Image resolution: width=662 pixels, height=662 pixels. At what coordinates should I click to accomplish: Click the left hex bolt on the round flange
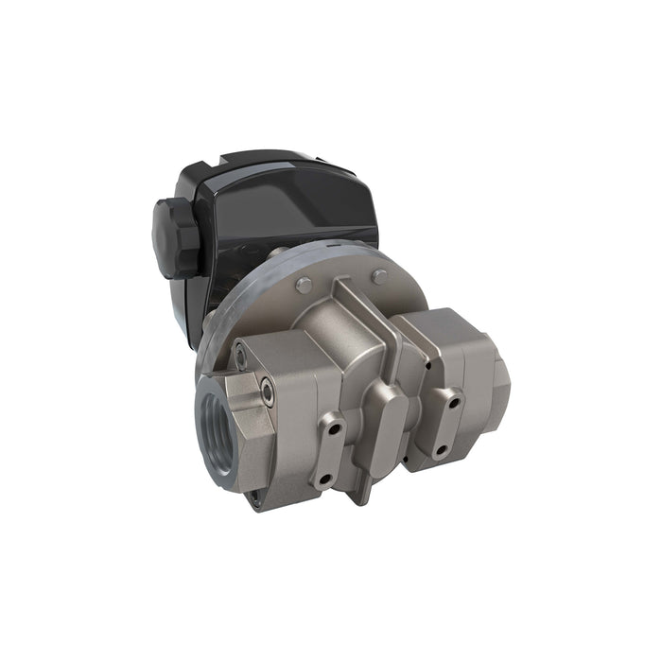click(x=302, y=286)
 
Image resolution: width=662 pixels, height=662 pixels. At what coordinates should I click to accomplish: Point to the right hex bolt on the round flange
click(x=379, y=277)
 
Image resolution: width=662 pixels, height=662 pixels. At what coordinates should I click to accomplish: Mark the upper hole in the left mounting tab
click(x=334, y=428)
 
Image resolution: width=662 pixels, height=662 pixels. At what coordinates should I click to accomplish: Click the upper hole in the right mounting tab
click(x=455, y=402)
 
